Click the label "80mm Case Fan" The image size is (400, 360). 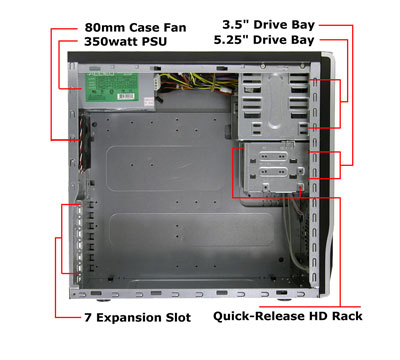(x=135, y=27)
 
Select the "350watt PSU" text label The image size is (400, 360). (x=125, y=42)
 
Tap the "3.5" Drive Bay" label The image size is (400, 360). (x=268, y=25)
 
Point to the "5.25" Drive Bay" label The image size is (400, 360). (x=264, y=40)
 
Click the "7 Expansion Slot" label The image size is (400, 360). (x=138, y=317)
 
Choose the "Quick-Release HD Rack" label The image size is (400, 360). (x=288, y=316)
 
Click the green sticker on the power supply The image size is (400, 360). (x=112, y=87)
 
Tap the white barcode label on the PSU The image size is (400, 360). (x=126, y=96)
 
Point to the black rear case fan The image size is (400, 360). (x=85, y=142)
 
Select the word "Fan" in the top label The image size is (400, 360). (x=174, y=27)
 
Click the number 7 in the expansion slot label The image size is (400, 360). (x=88, y=317)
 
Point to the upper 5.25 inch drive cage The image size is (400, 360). (x=274, y=105)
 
